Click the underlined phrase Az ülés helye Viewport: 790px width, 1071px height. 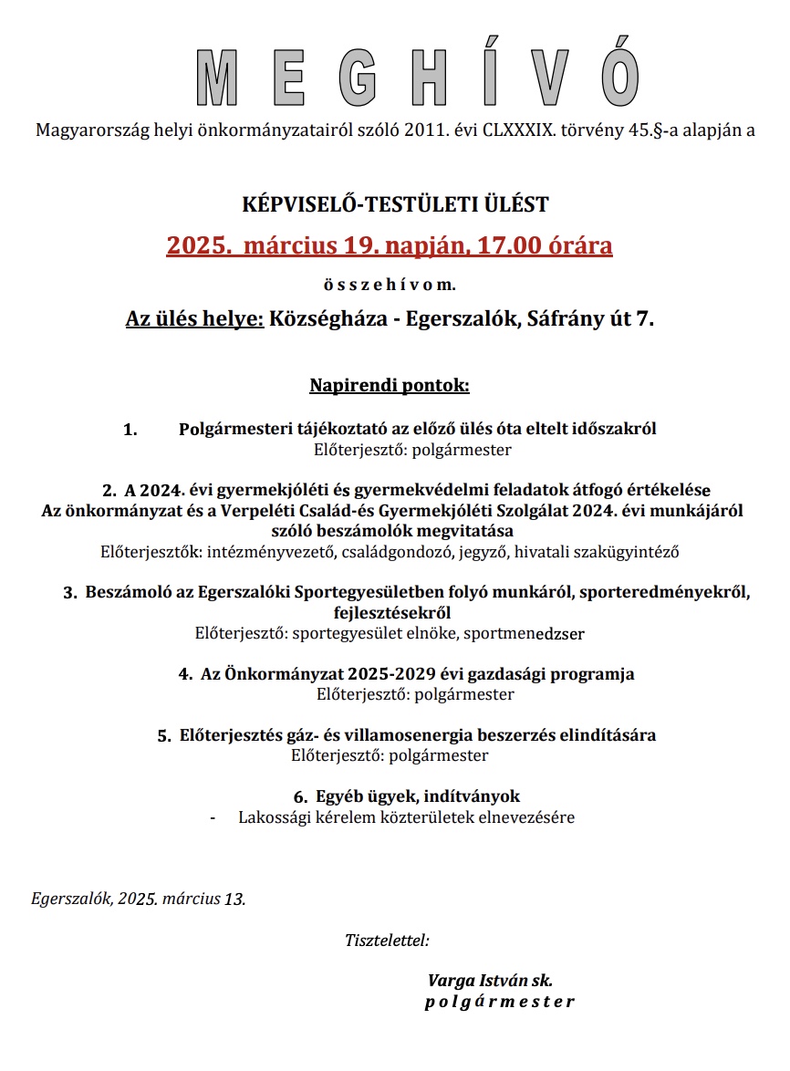(194, 320)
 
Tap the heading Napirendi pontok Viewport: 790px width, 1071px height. (390, 386)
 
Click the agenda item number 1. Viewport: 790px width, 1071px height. (130, 430)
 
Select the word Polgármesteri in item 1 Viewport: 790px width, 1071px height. (231, 429)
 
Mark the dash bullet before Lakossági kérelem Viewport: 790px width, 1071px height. (213, 818)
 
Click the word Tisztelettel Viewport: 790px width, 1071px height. (387, 940)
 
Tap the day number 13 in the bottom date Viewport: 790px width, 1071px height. (234, 899)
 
